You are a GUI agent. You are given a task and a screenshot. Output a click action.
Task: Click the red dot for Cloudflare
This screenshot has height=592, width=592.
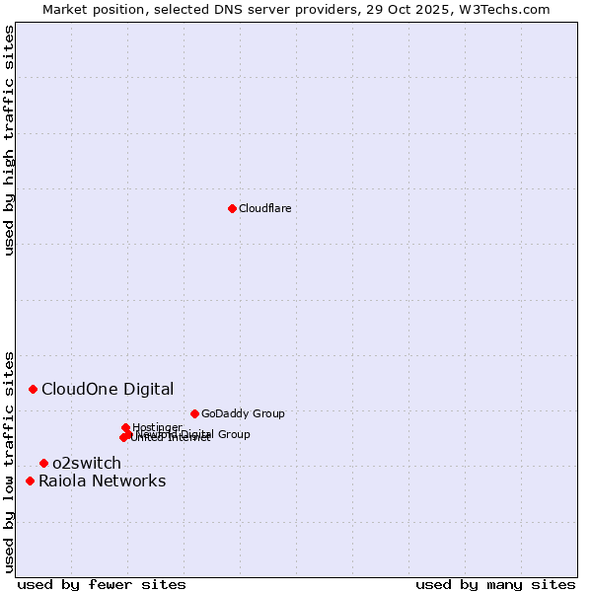[232, 208]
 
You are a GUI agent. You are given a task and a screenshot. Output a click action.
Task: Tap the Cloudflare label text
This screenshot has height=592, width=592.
[264, 208]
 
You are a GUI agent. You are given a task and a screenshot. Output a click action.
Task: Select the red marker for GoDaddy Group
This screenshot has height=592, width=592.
[194, 413]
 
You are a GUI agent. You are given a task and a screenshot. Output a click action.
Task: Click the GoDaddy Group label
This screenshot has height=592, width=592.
[243, 413]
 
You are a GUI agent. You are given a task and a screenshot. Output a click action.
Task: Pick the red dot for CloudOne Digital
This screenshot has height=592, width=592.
[33, 389]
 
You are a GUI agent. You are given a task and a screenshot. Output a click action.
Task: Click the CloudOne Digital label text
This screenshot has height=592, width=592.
[108, 389]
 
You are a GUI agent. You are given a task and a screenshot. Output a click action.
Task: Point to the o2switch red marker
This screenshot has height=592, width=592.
[43, 463]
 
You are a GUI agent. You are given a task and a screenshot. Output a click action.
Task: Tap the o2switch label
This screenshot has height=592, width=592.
[87, 463]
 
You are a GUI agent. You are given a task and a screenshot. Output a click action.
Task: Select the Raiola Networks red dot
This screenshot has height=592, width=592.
[30, 481]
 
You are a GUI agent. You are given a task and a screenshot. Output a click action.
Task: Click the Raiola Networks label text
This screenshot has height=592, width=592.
[103, 481]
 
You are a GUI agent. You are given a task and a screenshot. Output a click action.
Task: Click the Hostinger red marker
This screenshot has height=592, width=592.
[125, 427]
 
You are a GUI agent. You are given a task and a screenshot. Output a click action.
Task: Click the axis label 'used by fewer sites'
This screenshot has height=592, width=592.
[102, 584]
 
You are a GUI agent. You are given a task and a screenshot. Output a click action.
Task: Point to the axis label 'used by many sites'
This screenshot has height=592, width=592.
[494, 584]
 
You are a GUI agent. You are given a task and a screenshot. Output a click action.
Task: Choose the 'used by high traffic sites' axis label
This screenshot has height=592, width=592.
[9, 140]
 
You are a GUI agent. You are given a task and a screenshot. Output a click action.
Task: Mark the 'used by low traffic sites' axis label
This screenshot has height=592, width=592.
[9, 461]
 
